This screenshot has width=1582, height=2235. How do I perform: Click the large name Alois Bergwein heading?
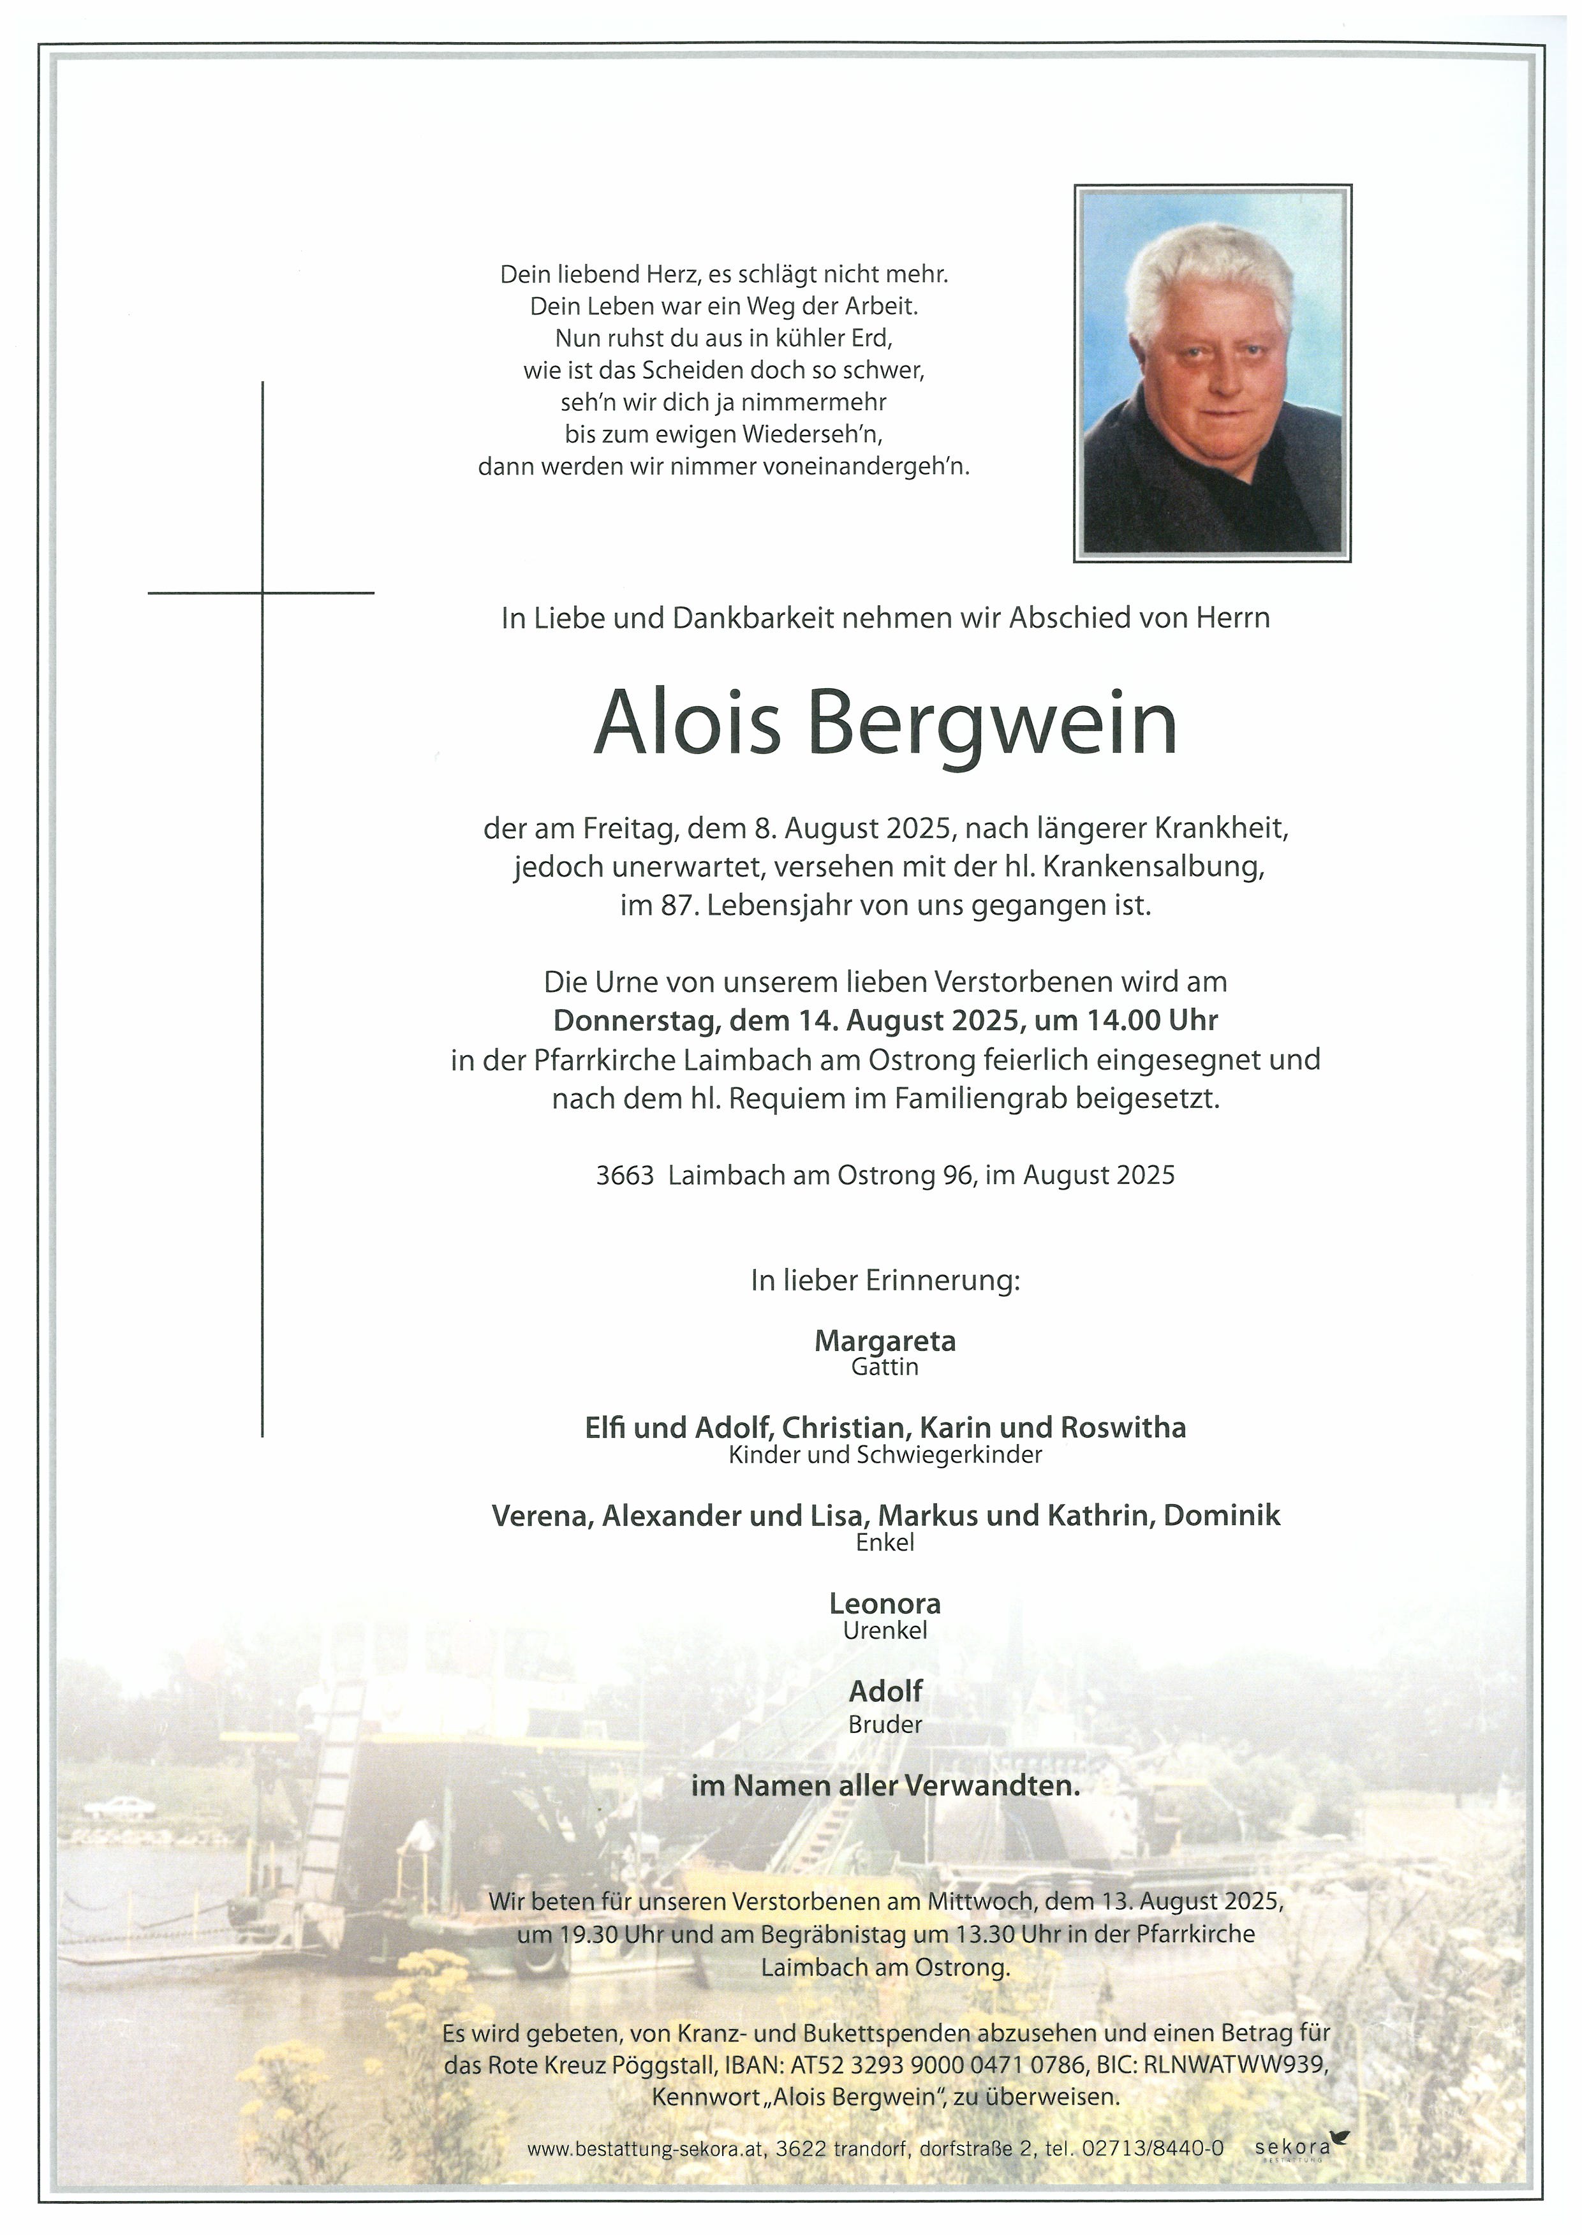point(885,725)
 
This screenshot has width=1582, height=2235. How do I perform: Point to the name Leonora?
point(885,1603)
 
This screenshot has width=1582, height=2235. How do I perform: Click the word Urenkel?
point(885,1629)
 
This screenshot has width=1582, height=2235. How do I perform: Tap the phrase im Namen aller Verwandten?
point(885,1786)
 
